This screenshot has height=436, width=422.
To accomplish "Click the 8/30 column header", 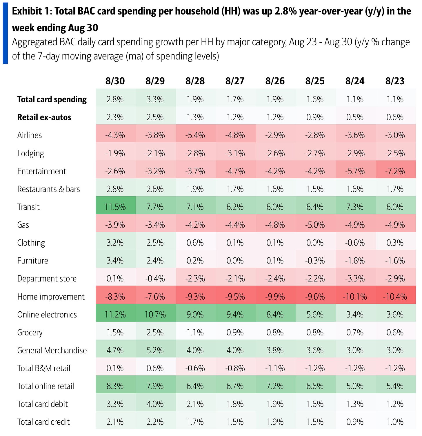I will tap(115, 81).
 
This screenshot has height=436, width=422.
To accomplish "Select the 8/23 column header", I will tap(395, 81).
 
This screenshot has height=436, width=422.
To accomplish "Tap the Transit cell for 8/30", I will tap(115, 207).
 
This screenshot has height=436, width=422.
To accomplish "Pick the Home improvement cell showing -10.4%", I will tap(395, 297).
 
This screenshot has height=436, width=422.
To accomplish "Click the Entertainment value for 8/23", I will tap(395, 171).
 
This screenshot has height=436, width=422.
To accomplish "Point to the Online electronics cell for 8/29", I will tap(155, 315).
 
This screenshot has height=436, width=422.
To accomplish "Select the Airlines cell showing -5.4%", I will tap(195, 135).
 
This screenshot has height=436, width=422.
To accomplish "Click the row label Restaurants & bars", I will tap(48, 189).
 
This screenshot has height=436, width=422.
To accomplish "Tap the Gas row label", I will tap(23, 225).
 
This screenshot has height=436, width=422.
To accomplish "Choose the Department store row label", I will tap(47, 279).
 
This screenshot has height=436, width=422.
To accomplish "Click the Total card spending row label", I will tap(52, 99).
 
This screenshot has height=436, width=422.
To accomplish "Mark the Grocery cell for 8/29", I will tap(155, 332).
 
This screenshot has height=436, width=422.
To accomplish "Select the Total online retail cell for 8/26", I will tap(275, 386).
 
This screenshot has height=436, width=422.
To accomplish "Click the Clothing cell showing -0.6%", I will tap(355, 243).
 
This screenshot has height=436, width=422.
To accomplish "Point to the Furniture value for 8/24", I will tap(355, 261).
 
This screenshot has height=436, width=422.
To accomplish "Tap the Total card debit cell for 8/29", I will tap(155, 404).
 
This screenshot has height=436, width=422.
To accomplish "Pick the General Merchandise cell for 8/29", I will tap(155, 350).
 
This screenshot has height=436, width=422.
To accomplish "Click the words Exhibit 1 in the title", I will tap(31, 11).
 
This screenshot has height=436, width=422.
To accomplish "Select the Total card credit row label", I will tap(43, 422).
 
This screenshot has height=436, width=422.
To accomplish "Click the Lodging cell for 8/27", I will tap(235, 153).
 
